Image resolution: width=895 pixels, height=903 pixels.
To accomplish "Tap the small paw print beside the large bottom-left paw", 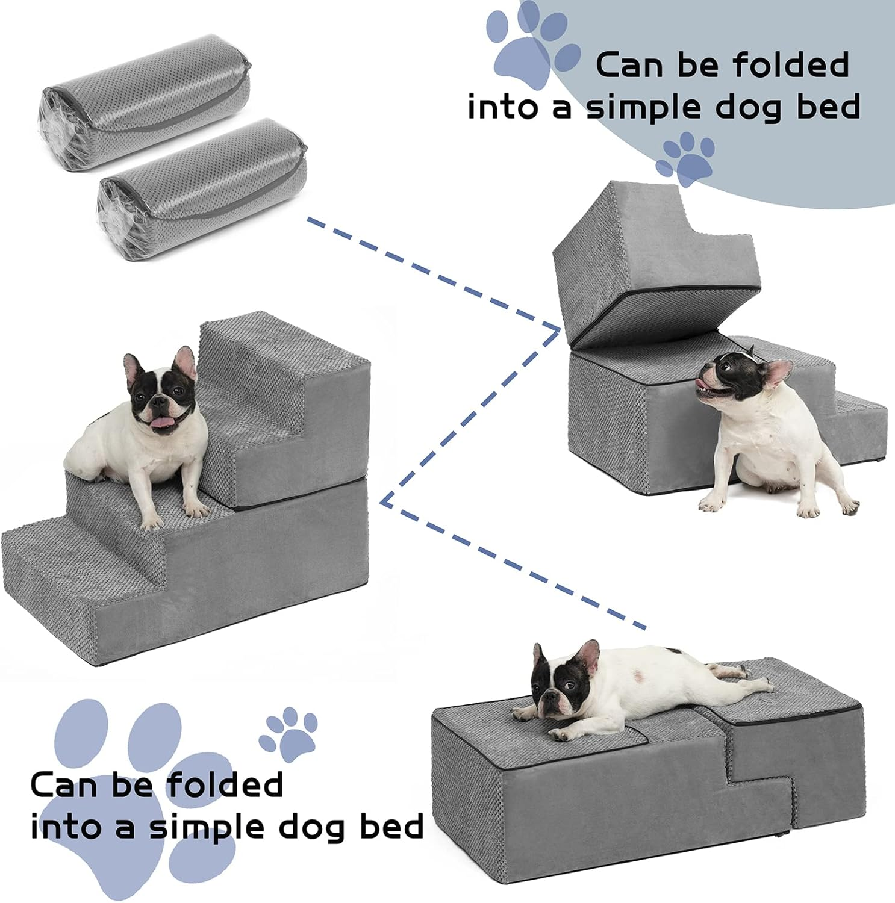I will pyautogui.click(x=289, y=730).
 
